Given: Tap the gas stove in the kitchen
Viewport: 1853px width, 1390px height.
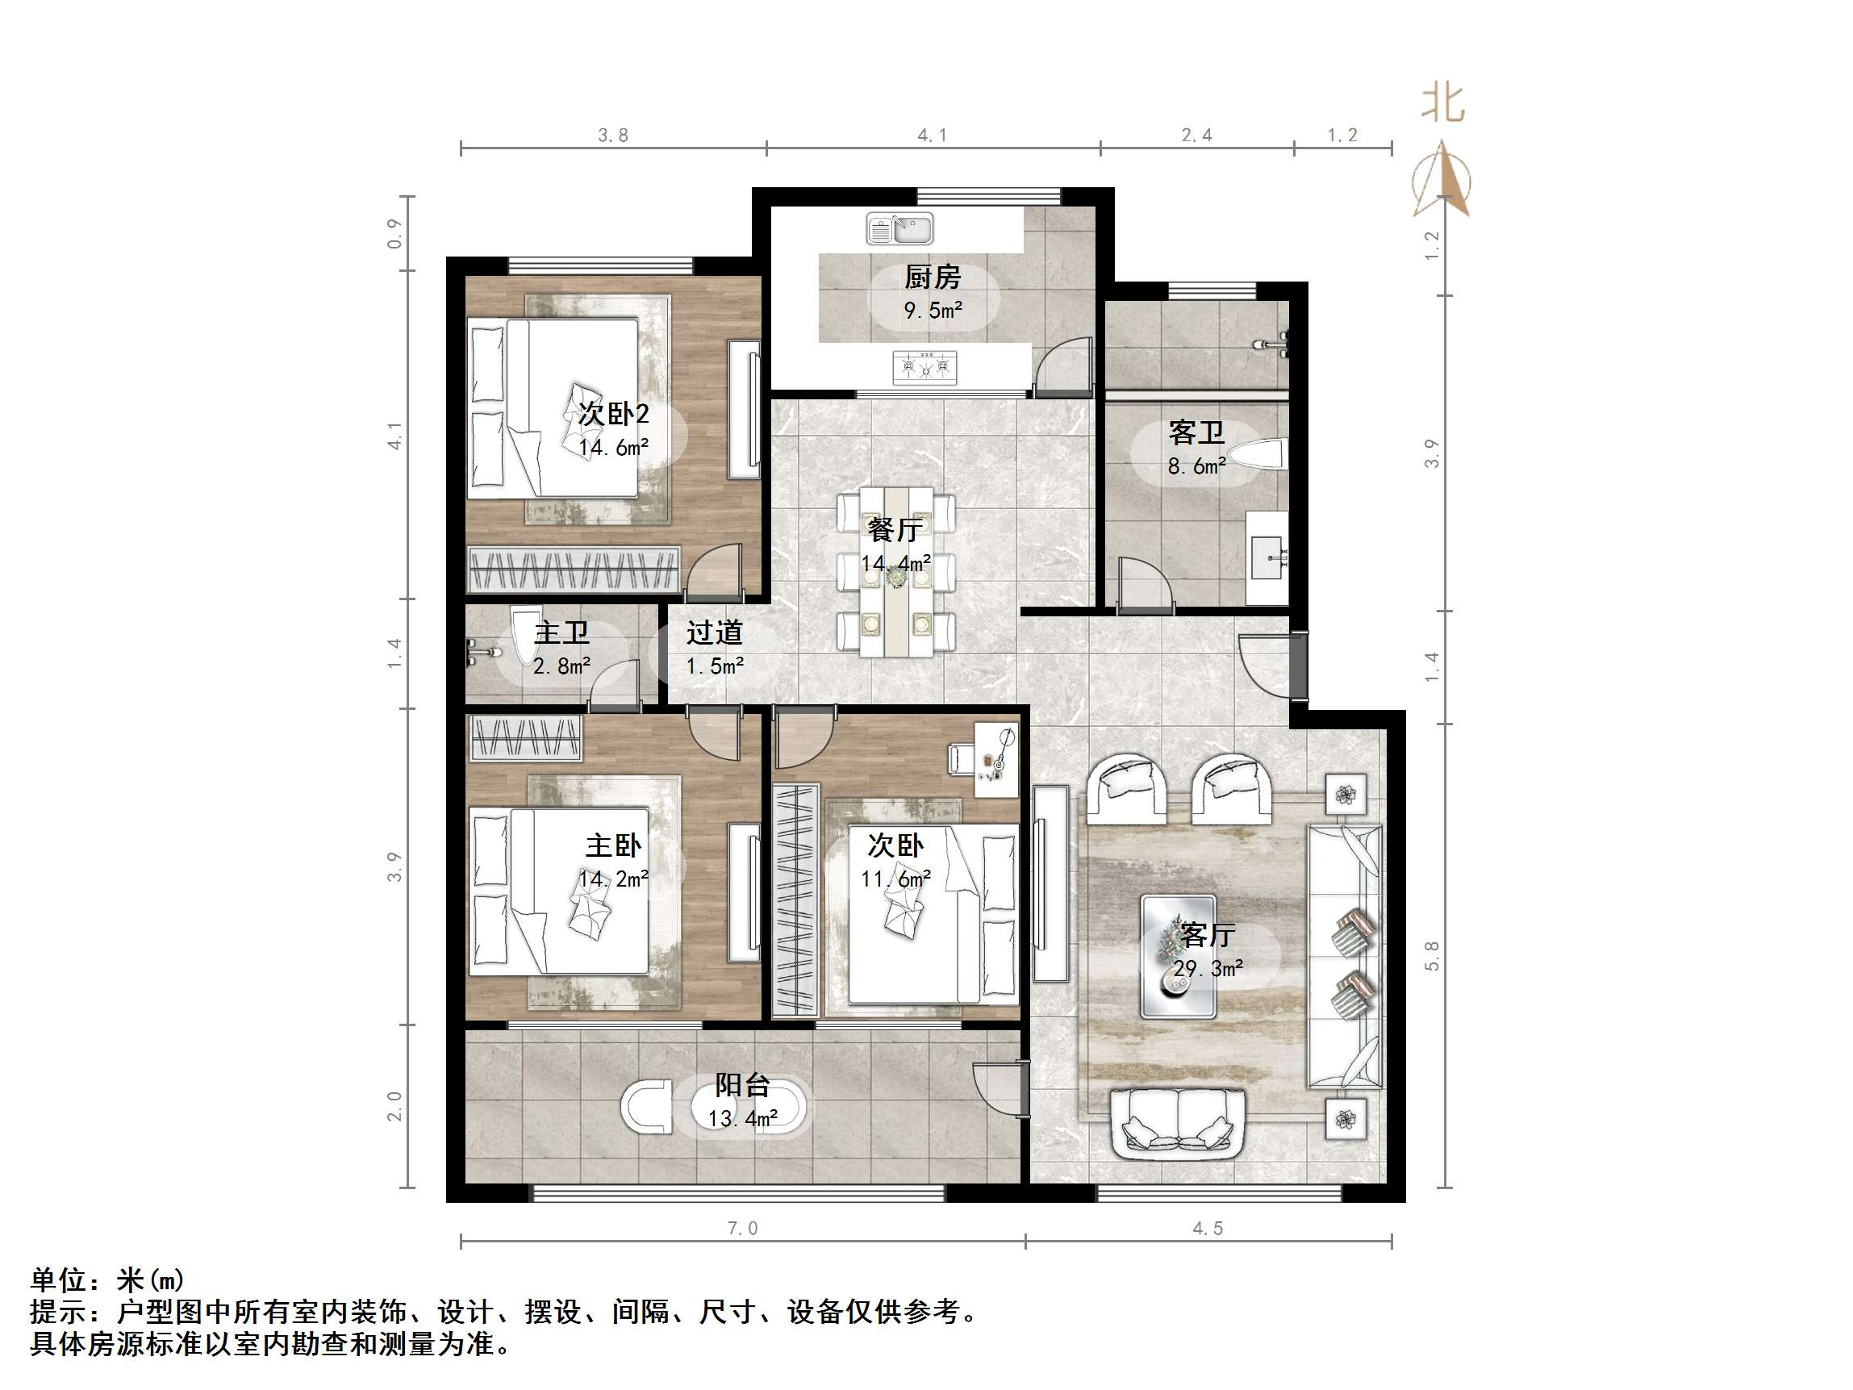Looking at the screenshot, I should click(x=924, y=366).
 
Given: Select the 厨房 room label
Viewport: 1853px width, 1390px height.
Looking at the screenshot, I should click(x=933, y=277).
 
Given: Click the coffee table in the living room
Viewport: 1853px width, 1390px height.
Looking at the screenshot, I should click(x=1178, y=956).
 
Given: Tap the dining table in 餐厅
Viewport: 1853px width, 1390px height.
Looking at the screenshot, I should click(x=896, y=571).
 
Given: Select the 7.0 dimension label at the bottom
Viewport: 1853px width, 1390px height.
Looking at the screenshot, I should click(x=742, y=1229).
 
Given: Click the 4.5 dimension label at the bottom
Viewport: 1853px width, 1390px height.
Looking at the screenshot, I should click(x=1208, y=1229).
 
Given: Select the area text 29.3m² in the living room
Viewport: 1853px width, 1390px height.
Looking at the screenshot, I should click(x=1208, y=970).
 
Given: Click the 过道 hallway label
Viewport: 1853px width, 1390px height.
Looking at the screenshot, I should click(x=715, y=632).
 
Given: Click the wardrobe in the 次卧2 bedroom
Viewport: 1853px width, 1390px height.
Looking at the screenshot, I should click(x=574, y=569).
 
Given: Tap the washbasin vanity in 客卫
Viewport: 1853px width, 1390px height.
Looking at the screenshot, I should click(x=1267, y=557).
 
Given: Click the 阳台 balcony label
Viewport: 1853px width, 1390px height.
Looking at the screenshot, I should click(x=742, y=1085).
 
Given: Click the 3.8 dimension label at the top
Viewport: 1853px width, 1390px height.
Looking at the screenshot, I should click(x=613, y=136).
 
